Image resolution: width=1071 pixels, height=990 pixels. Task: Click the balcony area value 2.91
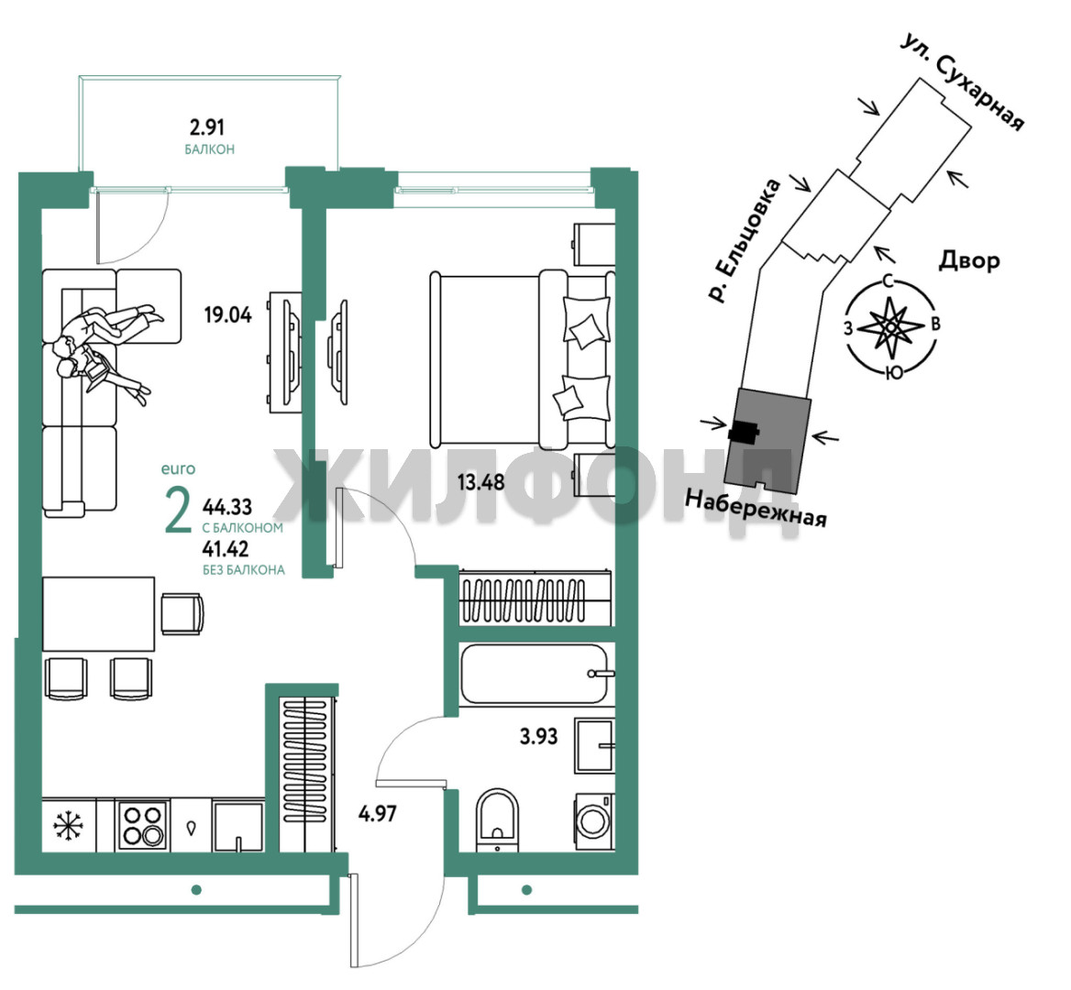click(206, 127)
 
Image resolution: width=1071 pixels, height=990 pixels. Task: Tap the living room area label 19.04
click(228, 314)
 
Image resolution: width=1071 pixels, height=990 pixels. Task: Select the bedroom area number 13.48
click(480, 482)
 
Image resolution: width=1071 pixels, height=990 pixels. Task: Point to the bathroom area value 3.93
click(539, 736)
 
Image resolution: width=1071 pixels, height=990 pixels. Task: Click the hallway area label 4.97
click(378, 813)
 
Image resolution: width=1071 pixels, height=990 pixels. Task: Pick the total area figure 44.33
click(227, 507)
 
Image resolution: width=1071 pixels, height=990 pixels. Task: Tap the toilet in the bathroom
click(497, 820)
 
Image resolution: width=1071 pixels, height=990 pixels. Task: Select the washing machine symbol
click(594, 821)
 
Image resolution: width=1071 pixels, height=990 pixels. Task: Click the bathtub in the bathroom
click(535, 674)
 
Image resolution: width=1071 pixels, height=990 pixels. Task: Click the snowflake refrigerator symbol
click(68, 825)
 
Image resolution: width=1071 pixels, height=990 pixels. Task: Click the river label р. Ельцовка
click(744, 240)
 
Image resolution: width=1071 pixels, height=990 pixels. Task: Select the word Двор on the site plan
click(969, 259)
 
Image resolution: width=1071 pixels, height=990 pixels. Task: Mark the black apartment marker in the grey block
click(744, 432)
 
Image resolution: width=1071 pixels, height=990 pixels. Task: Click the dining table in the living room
click(98, 614)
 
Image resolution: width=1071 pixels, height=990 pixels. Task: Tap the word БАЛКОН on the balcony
click(210, 149)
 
